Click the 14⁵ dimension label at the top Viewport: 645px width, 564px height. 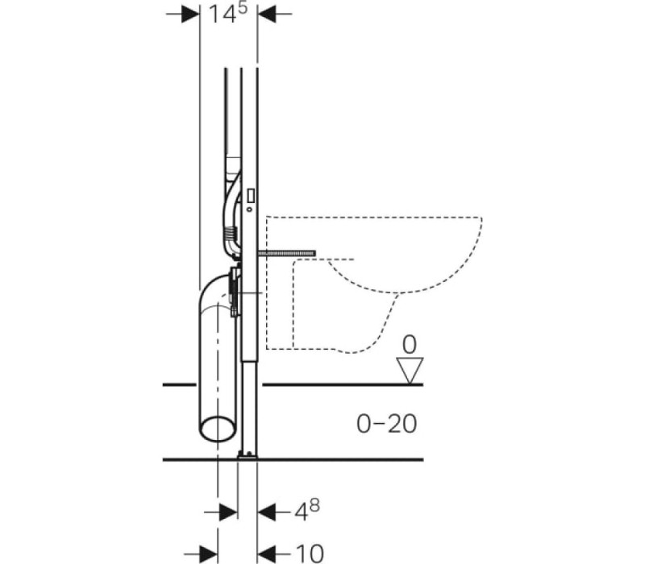pos(228,13)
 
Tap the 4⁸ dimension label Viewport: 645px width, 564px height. pos(307,511)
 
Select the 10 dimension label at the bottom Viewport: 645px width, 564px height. pos(310,553)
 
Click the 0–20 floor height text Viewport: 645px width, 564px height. pos(387,424)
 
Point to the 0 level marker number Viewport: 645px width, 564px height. pos(410,345)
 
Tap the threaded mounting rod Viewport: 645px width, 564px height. pos(286,254)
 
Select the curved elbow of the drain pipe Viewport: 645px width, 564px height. pos(212,290)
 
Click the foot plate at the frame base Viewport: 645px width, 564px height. pos(248,454)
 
